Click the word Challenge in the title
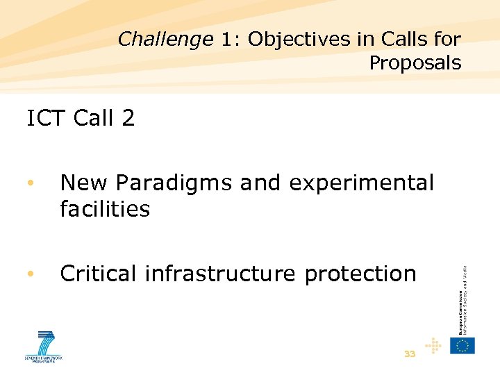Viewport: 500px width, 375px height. click(165, 40)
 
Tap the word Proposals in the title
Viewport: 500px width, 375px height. click(415, 63)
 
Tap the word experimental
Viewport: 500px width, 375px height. click(361, 183)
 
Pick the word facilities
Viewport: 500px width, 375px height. click(105, 208)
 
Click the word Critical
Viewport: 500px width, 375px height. click(99, 274)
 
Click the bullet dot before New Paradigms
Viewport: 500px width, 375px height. click(30, 184)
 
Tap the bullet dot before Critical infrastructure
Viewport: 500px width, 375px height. click(30, 274)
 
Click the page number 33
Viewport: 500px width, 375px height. click(410, 354)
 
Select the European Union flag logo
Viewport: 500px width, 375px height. click(462, 346)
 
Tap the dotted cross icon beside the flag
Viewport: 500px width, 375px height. click(433, 345)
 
